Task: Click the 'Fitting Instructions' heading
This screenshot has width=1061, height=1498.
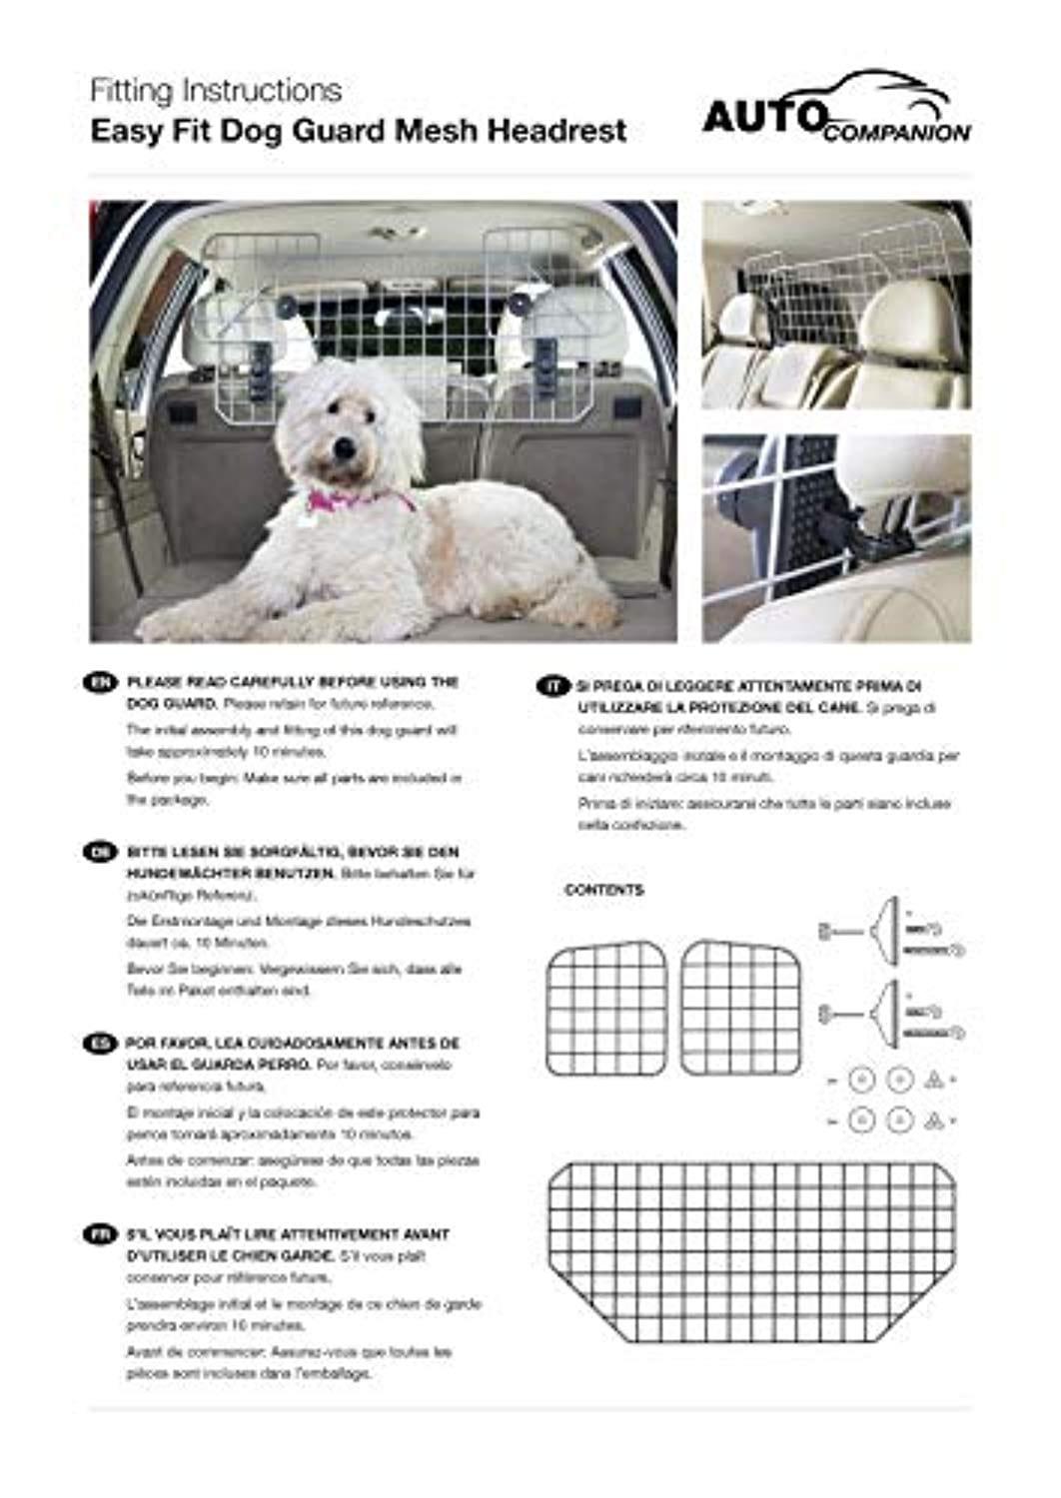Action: click(x=216, y=91)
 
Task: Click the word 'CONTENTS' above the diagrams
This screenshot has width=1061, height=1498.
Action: click(x=604, y=890)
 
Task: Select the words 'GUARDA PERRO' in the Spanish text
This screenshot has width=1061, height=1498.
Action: click(x=251, y=1065)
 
